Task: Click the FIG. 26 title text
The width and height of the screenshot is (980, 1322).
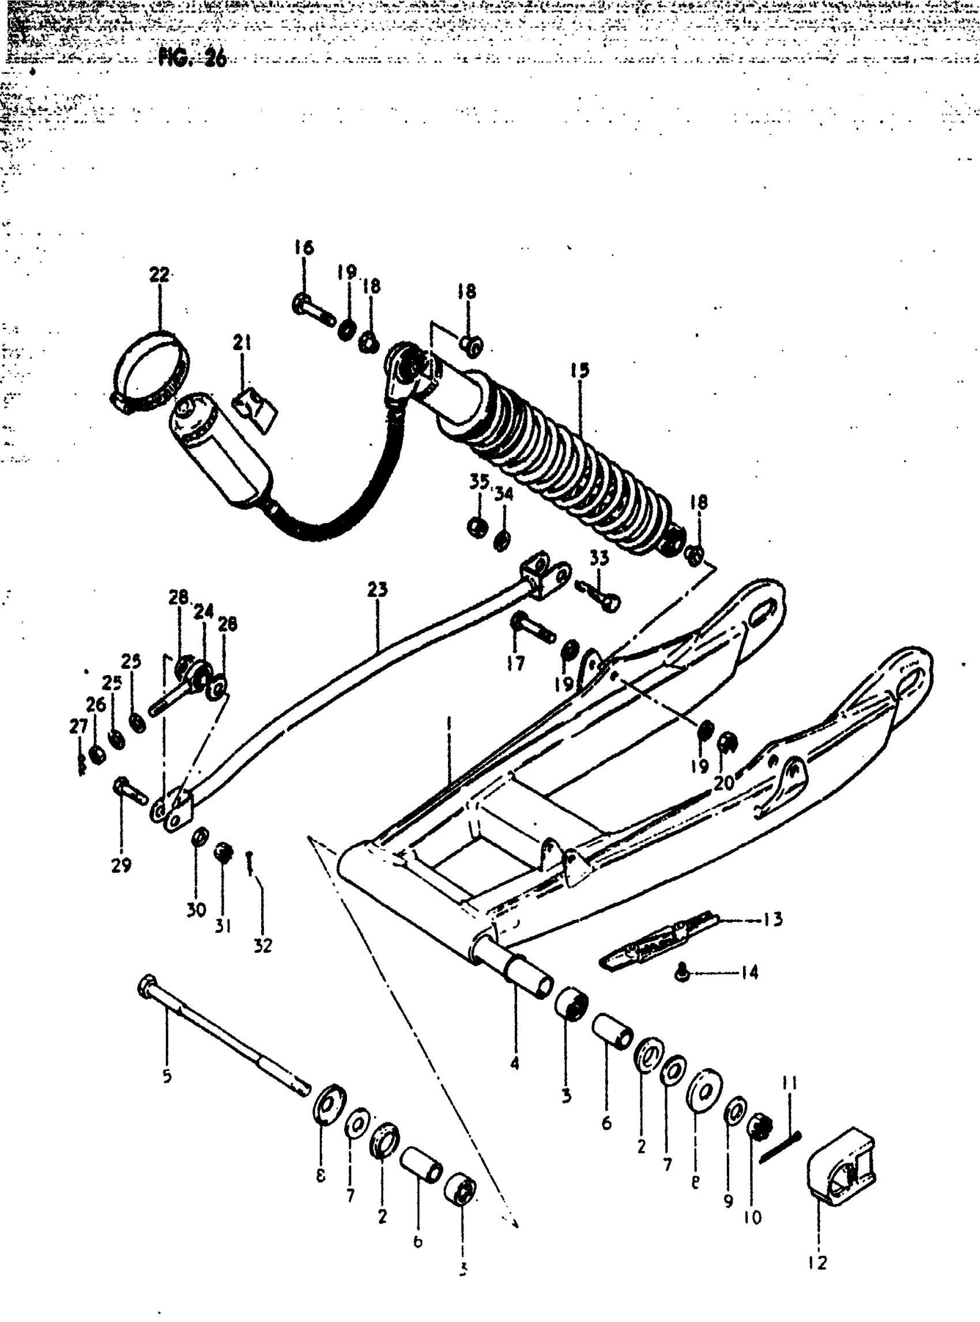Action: click(x=192, y=58)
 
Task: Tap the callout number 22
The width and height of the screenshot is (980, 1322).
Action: click(x=159, y=275)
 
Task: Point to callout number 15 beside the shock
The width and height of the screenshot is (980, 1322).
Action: click(x=579, y=370)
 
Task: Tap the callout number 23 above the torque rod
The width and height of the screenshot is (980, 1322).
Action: click(x=377, y=590)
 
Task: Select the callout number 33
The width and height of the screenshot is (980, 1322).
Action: click(x=599, y=558)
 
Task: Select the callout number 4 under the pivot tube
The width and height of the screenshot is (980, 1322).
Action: click(x=515, y=1063)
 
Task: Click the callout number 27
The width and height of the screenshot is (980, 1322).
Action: click(x=78, y=726)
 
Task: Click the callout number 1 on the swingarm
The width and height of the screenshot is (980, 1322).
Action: click(x=449, y=724)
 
